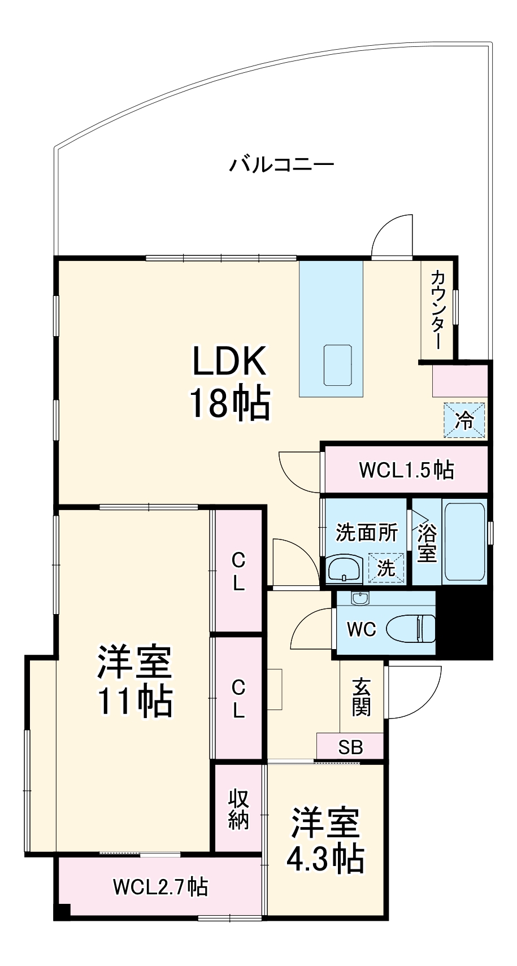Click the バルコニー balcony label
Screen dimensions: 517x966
point(281,164)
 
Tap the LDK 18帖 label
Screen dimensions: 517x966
point(230,382)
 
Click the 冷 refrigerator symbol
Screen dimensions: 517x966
point(464,420)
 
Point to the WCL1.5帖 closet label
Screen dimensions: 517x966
point(406,469)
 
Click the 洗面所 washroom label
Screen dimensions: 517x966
point(367,533)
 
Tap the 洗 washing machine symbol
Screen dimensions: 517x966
point(386,568)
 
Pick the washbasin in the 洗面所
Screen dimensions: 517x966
point(344,568)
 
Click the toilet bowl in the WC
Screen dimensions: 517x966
point(411,629)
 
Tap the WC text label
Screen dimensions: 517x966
point(362,630)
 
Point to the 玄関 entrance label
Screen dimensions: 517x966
point(362,703)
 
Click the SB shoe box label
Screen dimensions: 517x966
point(350,747)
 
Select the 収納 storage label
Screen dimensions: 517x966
point(238,810)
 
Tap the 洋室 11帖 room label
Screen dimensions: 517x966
point(135,682)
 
